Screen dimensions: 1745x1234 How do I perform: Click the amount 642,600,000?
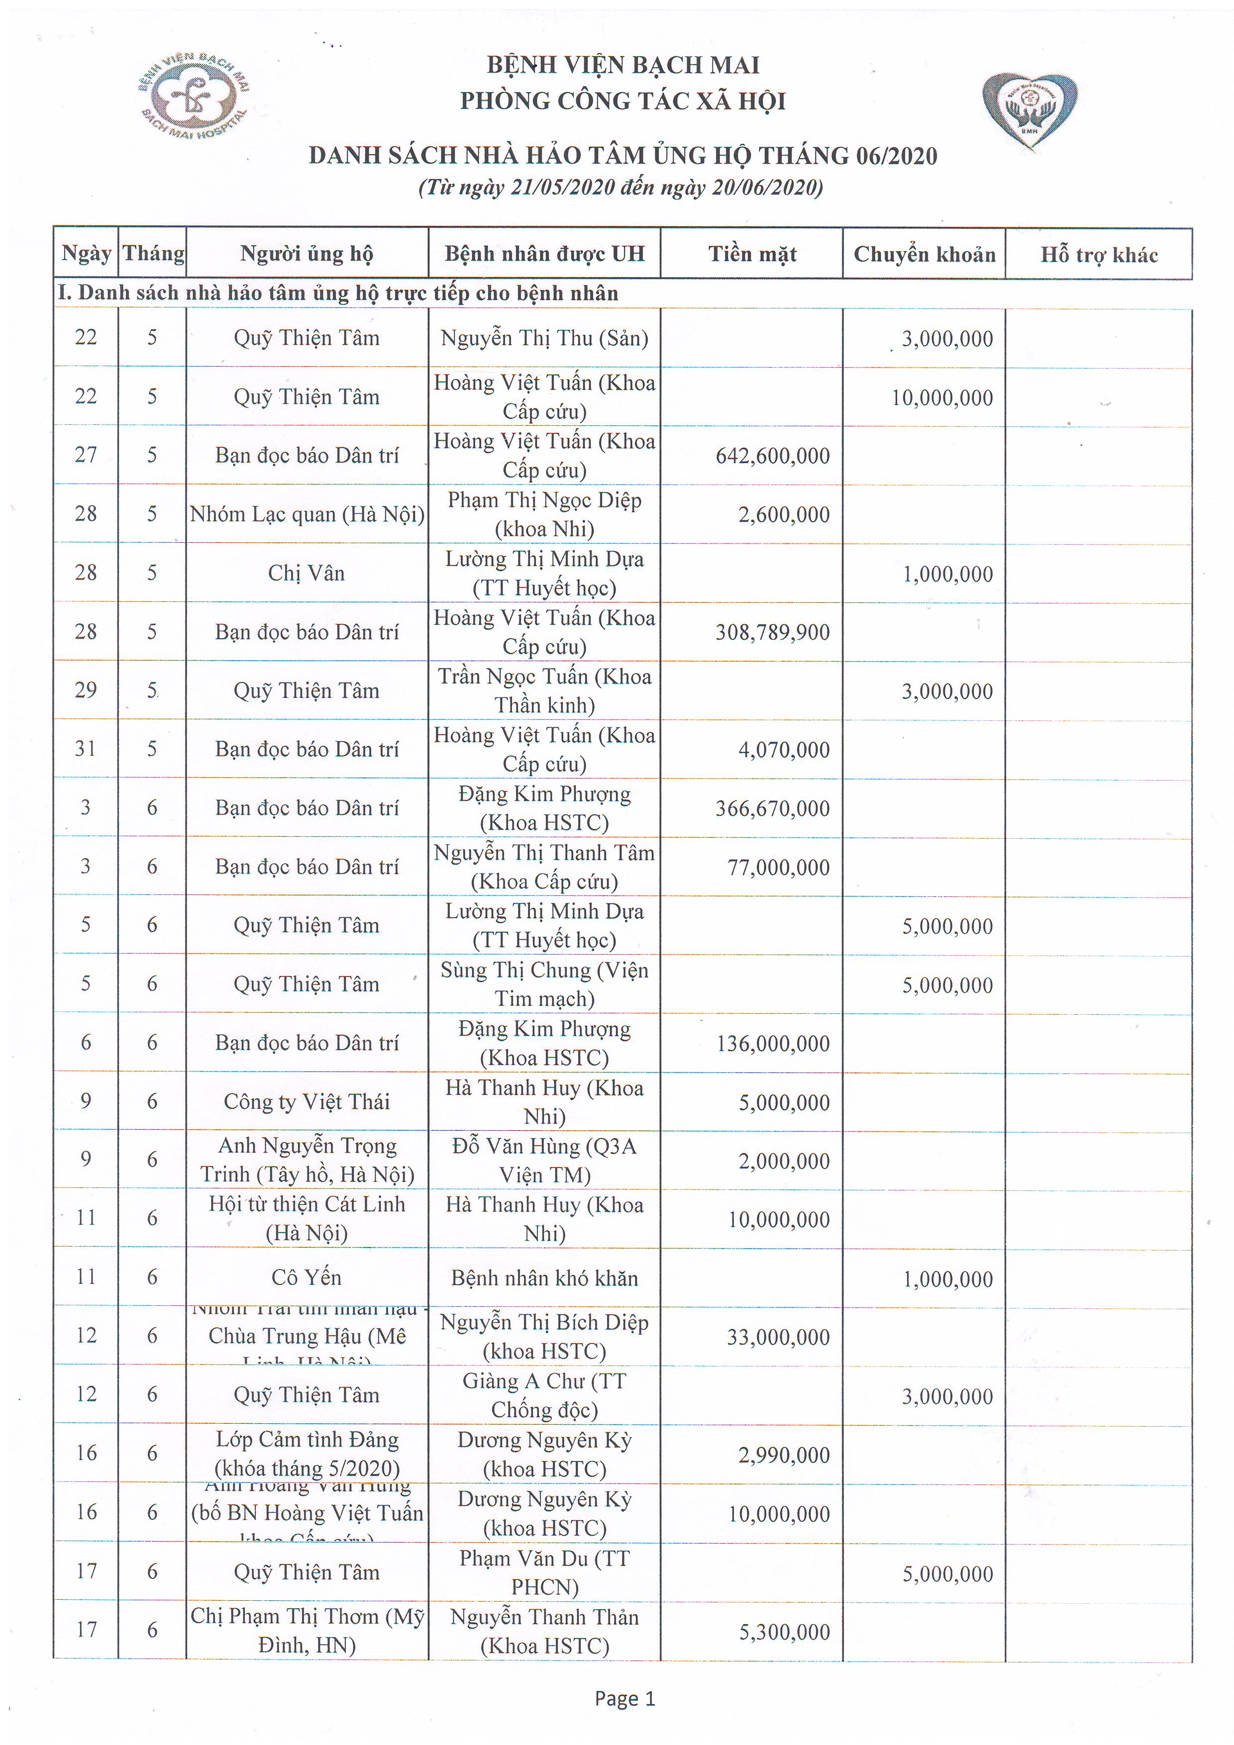pyautogui.click(x=772, y=456)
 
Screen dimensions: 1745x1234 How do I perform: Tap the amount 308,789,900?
pyautogui.click(x=772, y=632)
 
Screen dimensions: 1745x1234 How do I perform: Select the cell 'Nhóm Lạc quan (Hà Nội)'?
pyautogui.click(x=307, y=514)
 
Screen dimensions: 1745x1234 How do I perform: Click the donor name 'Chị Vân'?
pyautogui.click(x=307, y=573)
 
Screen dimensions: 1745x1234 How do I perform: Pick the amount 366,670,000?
pyautogui.click(x=772, y=809)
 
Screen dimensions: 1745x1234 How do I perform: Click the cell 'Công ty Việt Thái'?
pyautogui.click(x=307, y=1102)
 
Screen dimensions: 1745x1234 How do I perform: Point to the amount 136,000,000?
pyautogui.click(x=772, y=1044)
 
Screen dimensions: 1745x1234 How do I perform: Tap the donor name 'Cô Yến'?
pyautogui.click(x=307, y=1277)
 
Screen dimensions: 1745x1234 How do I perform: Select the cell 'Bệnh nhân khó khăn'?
pyautogui.click(x=544, y=1278)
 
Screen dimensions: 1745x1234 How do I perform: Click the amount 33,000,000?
pyautogui.click(x=778, y=1337)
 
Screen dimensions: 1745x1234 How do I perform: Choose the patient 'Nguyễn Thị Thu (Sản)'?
pyautogui.click(x=544, y=338)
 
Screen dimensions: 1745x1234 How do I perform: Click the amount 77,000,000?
pyautogui.click(x=778, y=867)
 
